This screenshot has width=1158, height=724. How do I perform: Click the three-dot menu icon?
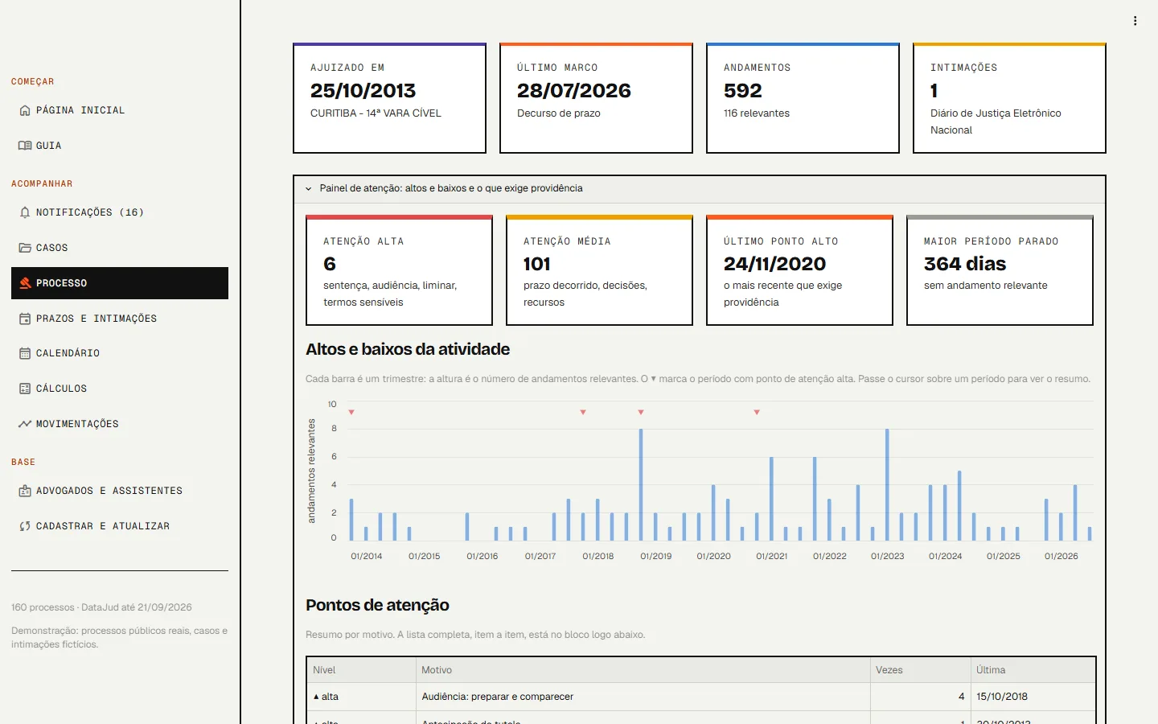(x=1135, y=21)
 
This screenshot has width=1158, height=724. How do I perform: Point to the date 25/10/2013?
(x=363, y=91)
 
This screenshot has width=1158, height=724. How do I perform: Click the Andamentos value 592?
(x=743, y=91)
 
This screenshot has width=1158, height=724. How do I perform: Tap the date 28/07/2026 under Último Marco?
(x=574, y=91)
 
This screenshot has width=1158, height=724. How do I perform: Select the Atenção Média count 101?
(x=536, y=264)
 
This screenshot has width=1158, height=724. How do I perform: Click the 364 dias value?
(x=965, y=264)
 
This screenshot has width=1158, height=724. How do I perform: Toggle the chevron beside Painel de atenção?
(x=309, y=189)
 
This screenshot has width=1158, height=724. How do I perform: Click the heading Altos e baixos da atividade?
(x=408, y=350)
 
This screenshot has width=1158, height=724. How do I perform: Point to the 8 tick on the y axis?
(x=334, y=429)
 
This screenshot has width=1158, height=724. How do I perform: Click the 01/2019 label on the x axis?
(x=655, y=556)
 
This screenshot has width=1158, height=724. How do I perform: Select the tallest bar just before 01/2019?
(x=641, y=484)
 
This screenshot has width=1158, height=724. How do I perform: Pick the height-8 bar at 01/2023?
(x=887, y=484)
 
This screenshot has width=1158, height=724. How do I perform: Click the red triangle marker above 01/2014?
(x=351, y=412)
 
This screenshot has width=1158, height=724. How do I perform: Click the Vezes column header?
(x=889, y=670)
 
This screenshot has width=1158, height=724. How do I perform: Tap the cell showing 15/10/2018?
(x=1002, y=697)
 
